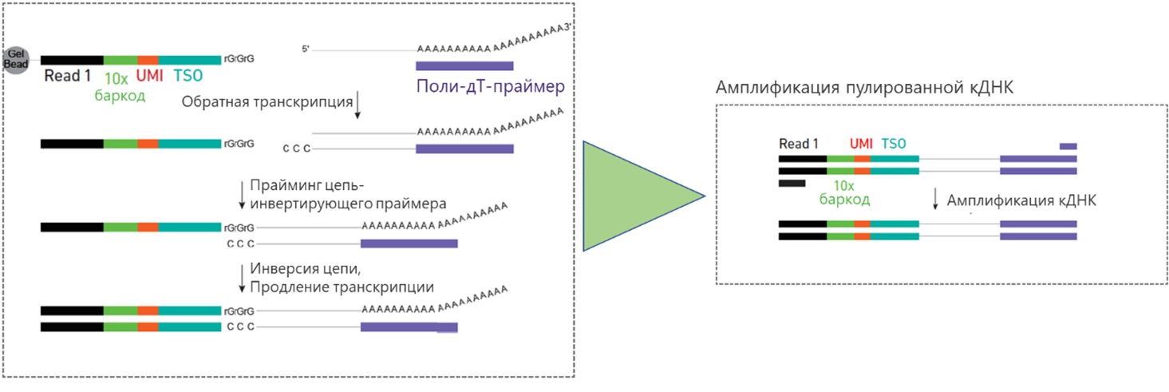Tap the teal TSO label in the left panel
[x=188, y=76]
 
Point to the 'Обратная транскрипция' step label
[x=267, y=102]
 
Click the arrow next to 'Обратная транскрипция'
[x=358, y=105]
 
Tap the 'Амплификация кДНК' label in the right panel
[x=1021, y=200]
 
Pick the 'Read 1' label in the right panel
[x=799, y=144]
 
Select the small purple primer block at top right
[x=1068, y=146]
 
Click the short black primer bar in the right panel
[x=792, y=183]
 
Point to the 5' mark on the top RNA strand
[x=306, y=49]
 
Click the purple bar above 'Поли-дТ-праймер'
[x=464, y=65]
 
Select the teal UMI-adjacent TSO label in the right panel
[x=894, y=144]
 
